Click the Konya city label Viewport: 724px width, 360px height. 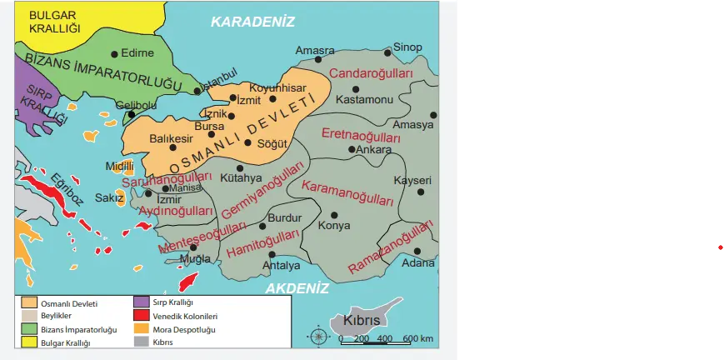pos(335,226)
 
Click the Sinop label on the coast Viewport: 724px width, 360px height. pos(407,47)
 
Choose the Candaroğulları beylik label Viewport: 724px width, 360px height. pos(372,74)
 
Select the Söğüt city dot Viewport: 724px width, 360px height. pos(247,142)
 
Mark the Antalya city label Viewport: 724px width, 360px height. pos(281,266)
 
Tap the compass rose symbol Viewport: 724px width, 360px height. pos(319,337)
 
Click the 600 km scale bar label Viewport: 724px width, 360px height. pos(417,339)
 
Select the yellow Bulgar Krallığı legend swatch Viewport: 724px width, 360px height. pos(30,342)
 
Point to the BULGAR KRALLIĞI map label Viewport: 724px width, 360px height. pos(53,22)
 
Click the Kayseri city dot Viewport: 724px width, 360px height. pos(421,192)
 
